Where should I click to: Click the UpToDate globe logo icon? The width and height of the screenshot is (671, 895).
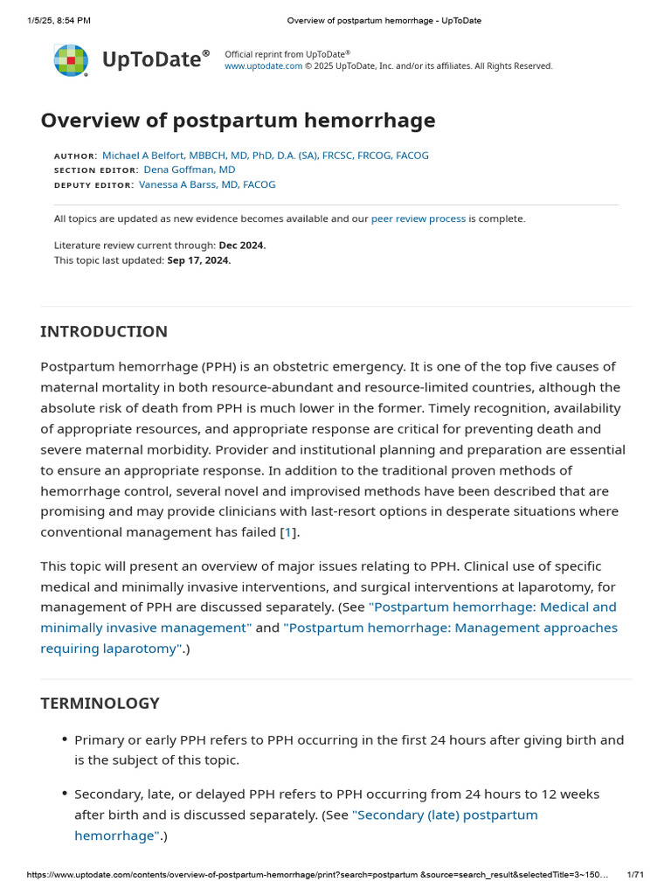click(71, 60)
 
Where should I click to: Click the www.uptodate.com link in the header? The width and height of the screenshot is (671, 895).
click(263, 66)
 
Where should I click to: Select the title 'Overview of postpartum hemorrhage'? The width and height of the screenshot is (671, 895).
click(238, 121)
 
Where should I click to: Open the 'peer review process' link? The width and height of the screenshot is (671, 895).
click(418, 219)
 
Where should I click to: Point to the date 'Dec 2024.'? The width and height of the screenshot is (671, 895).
click(242, 246)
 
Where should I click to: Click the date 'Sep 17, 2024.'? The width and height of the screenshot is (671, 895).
click(199, 260)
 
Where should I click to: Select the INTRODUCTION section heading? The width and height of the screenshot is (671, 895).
click(104, 331)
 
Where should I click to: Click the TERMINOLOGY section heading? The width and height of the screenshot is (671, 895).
click(100, 703)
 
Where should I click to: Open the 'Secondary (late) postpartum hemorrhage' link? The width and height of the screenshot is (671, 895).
click(445, 815)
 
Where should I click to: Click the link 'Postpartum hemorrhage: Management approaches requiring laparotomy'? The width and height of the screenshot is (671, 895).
click(450, 628)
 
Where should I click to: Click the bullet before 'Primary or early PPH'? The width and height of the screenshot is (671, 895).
click(65, 740)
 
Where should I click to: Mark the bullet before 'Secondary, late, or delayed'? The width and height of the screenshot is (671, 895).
click(65, 794)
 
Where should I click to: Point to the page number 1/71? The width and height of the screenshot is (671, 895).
click(635, 874)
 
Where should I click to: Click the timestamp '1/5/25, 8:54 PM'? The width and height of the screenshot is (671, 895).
click(59, 20)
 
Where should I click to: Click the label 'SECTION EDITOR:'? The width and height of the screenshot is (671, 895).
click(95, 170)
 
